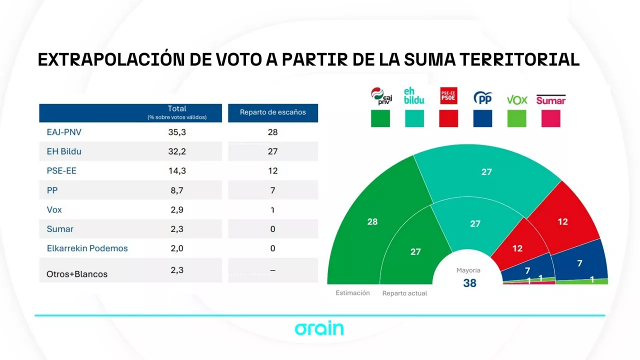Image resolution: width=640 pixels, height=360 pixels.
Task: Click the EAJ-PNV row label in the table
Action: click(x=64, y=132)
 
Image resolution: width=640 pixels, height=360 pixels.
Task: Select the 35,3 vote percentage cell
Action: click(x=177, y=132)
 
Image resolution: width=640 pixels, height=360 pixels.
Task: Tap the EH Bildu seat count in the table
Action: click(x=272, y=151)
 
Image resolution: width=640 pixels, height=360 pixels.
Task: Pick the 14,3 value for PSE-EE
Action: click(x=177, y=170)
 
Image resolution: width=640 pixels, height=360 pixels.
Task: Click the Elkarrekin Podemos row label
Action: click(x=87, y=248)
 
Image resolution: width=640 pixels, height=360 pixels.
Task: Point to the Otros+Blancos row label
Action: click(x=77, y=274)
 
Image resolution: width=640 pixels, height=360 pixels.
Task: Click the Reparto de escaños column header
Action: click(x=272, y=112)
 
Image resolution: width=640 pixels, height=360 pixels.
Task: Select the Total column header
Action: click(x=177, y=109)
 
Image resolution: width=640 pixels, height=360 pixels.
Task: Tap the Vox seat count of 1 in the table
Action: click(x=272, y=210)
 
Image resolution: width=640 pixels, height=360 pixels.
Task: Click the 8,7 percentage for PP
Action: click(x=177, y=190)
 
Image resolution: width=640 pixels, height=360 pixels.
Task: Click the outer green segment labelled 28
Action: click(x=372, y=221)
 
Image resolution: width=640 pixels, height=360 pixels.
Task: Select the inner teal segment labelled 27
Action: click(x=475, y=223)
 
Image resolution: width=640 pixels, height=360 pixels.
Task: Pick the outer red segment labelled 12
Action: click(x=562, y=221)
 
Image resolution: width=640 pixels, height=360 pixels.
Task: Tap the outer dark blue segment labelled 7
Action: click(x=579, y=263)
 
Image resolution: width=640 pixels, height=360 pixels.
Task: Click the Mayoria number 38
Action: click(x=469, y=283)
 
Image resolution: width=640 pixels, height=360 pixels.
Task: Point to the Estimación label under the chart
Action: click(x=352, y=293)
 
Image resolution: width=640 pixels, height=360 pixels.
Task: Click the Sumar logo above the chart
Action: click(x=550, y=100)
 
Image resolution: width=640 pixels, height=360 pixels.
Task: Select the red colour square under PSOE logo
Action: click(x=448, y=118)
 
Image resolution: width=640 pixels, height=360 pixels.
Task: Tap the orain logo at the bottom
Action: click(x=319, y=328)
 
